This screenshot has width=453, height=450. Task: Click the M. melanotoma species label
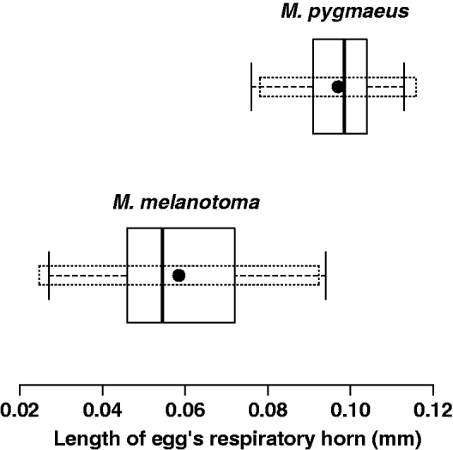click(185, 203)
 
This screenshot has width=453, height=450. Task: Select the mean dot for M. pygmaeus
click(338, 87)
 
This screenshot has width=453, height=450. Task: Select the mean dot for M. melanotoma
click(178, 276)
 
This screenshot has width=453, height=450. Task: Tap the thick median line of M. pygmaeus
click(344, 69)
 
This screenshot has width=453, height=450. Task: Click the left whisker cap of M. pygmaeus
click(251, 87)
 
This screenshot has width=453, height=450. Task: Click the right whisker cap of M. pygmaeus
click(404, 87)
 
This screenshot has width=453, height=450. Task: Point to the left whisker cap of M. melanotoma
click(49, 276)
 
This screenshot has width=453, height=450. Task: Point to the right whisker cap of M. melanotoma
click(326, 276)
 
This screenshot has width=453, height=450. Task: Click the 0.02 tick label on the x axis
click(20, 411)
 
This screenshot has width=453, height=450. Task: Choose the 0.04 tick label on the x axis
click(103, 411)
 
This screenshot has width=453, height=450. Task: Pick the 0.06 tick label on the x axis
click(185, 411)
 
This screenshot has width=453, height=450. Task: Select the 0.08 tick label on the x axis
click(268, 411)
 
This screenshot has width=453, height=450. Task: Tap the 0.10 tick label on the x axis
click(350, 411)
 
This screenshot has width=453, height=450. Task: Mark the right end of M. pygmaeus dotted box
click(416, 87)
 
